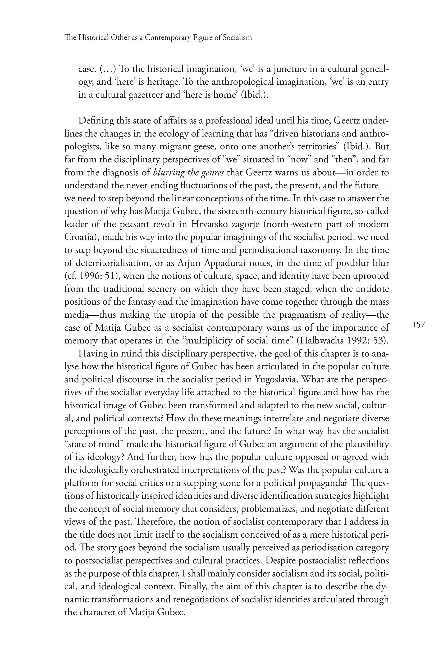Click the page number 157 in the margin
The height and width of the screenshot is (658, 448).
click(x=419, y=324)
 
